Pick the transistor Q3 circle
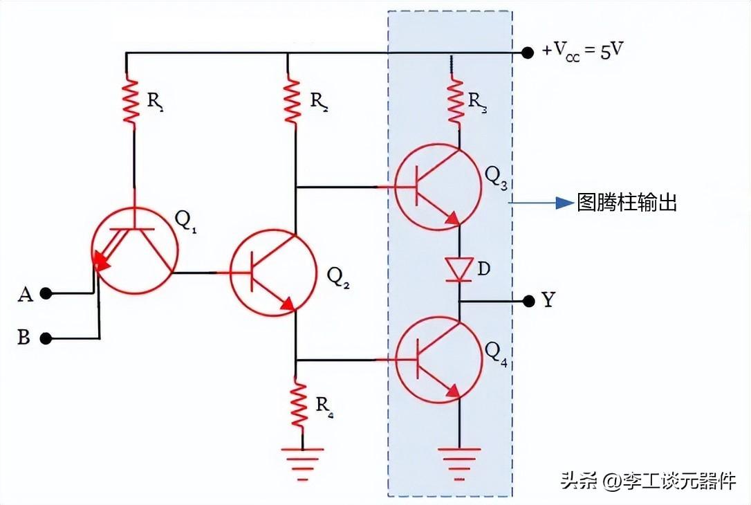click(x=437, y=187)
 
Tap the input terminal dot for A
click(x=46, y=293)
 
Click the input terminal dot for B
click(x=46, y=338)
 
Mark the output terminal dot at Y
click(x=528, y=301)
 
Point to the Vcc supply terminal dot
click(x=528, y=53)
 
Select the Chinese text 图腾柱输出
click(x=627, y=203)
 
